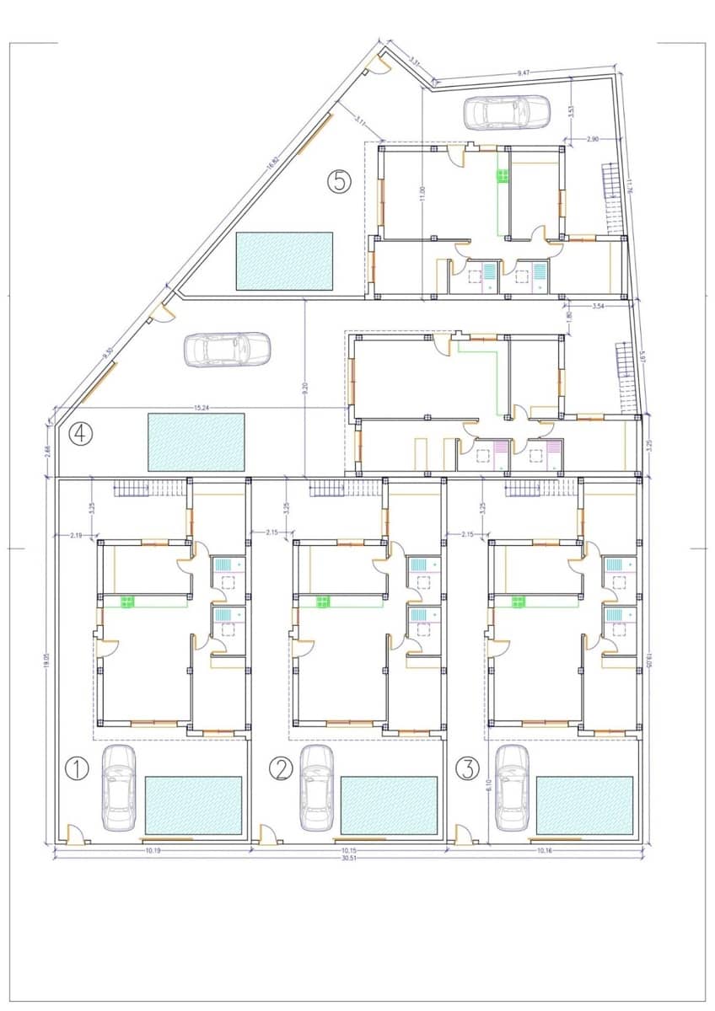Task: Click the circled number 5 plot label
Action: (339, 181)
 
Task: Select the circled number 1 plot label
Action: (77, 768)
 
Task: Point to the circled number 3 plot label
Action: (466, 768)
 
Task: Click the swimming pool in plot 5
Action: (284, 261)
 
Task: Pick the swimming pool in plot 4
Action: (196, 441)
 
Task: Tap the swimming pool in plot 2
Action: (389, 805)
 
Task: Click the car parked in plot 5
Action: (506, 112)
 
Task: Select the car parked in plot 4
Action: (227, 350)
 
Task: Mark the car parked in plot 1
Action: (119, 788)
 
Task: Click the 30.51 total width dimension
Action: (347, 859)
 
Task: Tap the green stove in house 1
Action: (129, 601)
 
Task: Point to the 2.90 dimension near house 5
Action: (592, 137)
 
